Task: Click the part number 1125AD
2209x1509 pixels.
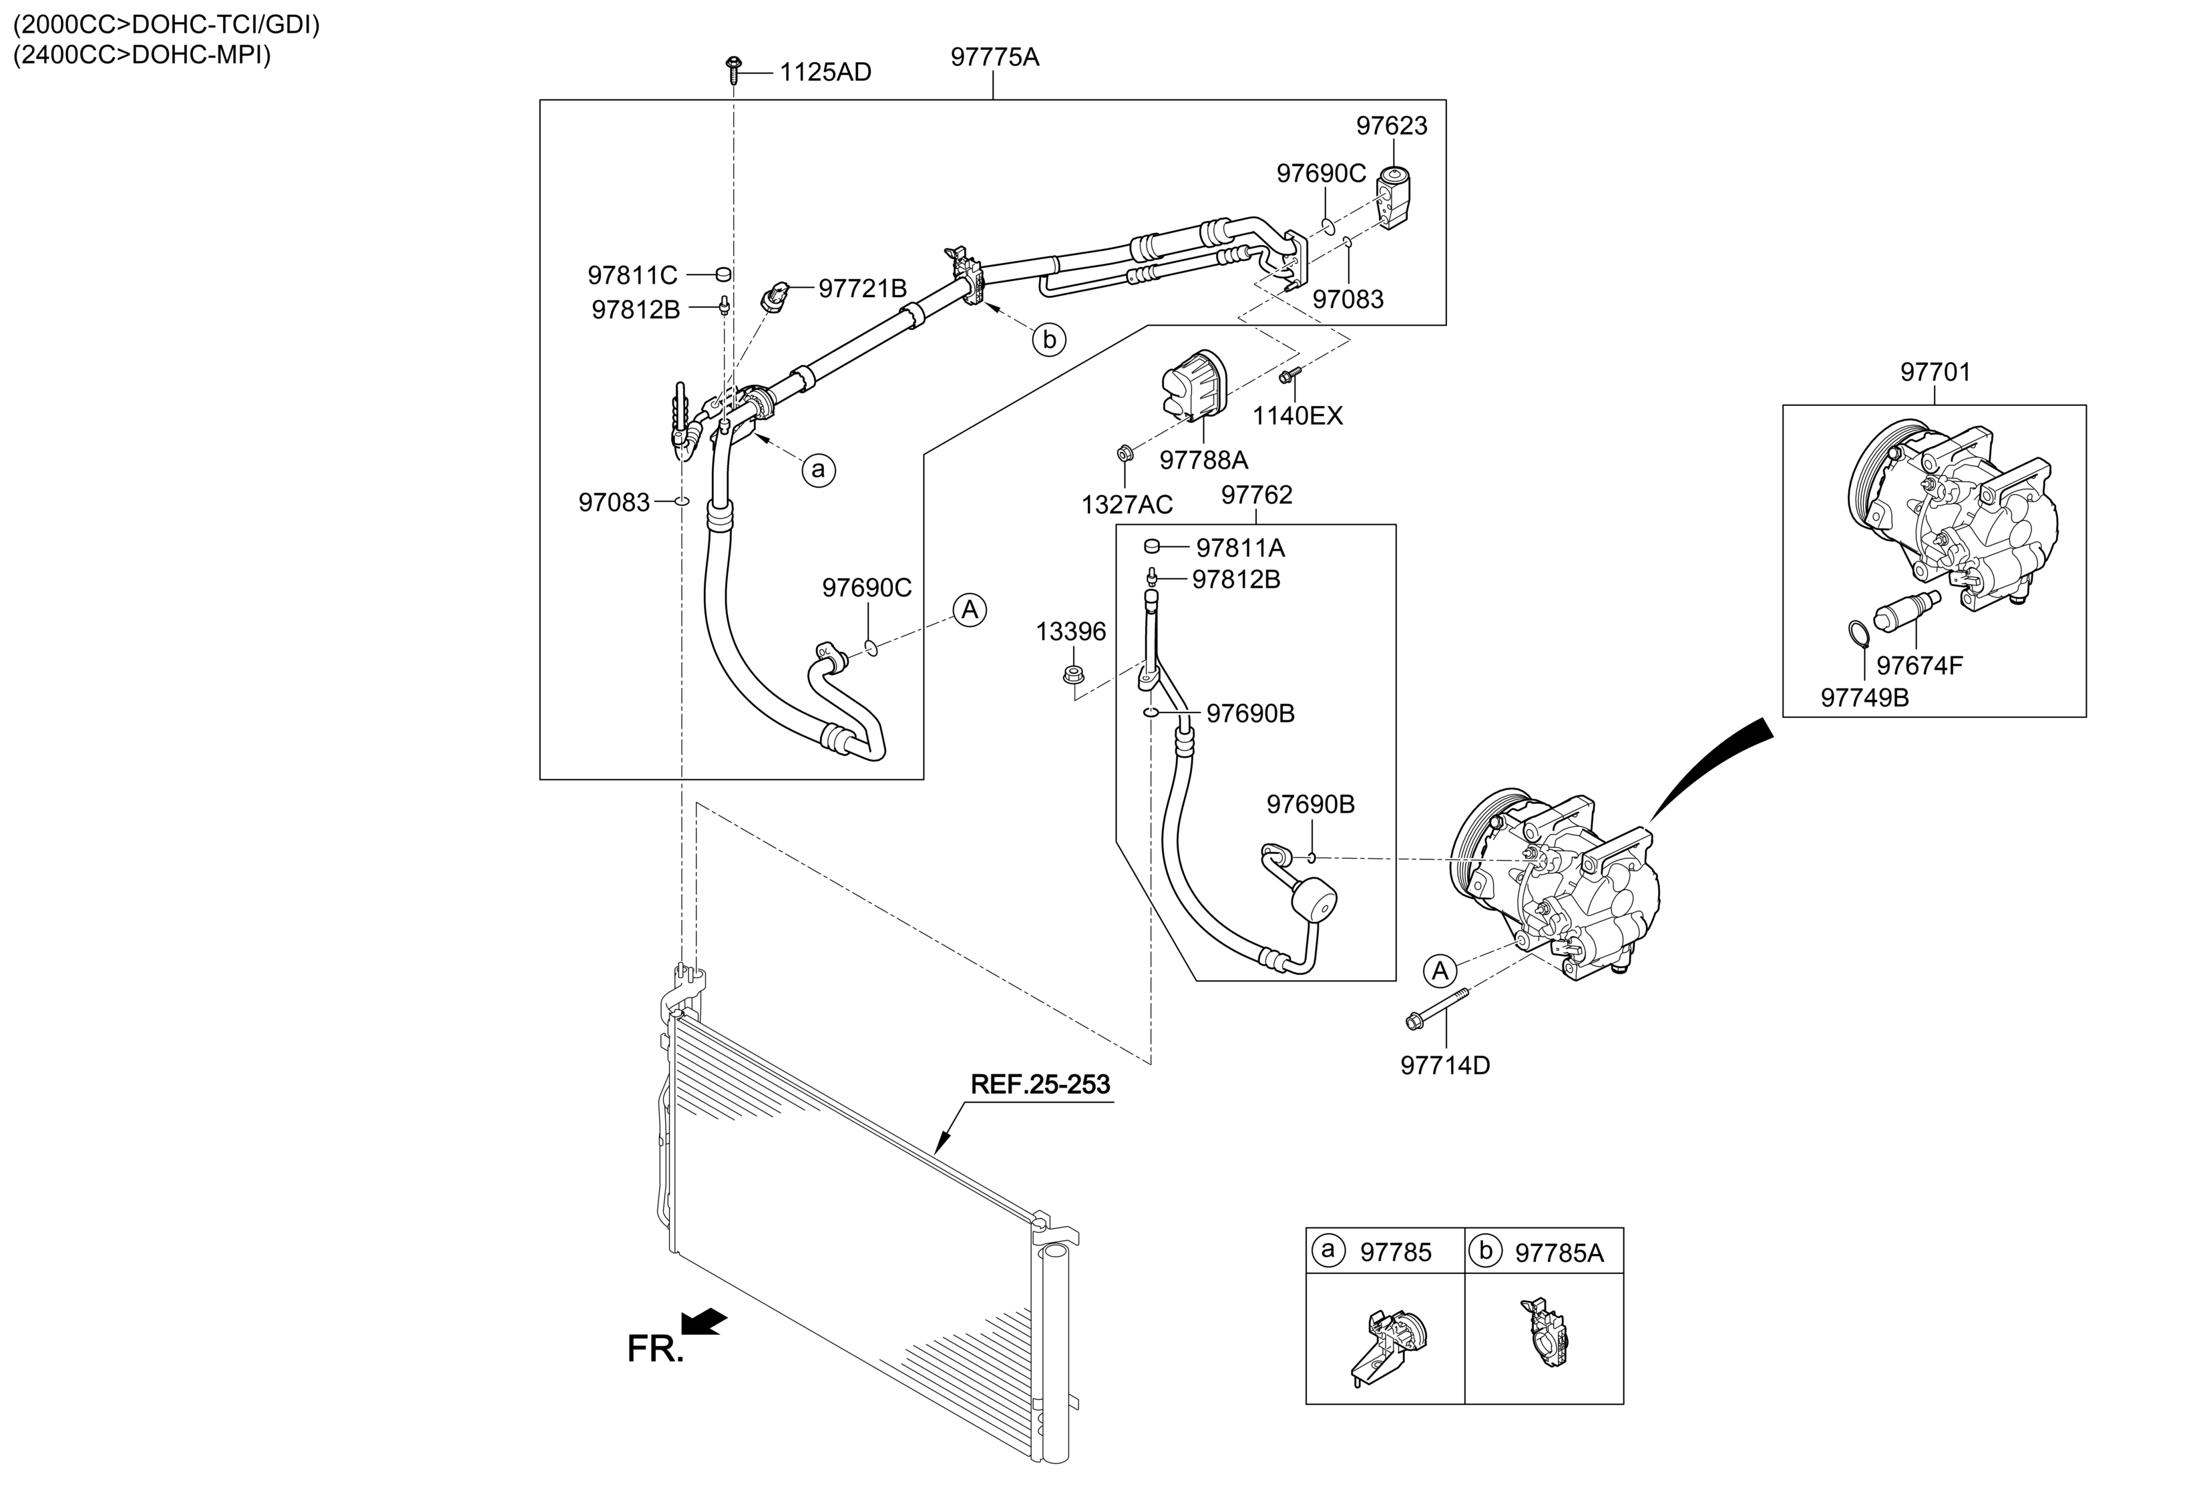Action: (825, 72)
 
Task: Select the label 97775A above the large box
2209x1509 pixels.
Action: (994, 57)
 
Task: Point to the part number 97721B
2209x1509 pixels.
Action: (862, 288)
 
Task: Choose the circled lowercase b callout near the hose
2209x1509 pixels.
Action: (1049, 339)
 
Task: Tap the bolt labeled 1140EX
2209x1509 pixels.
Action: (1290, 377)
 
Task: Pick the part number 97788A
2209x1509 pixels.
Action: (1203, 460)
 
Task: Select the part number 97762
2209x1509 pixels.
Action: (1257, 495)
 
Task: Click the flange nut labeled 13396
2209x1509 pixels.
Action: (1073, 674)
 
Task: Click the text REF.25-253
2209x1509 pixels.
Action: (1040, 1084)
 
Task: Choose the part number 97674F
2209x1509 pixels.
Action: (1919, 665)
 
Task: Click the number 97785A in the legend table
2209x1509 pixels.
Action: (1559, 1253)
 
